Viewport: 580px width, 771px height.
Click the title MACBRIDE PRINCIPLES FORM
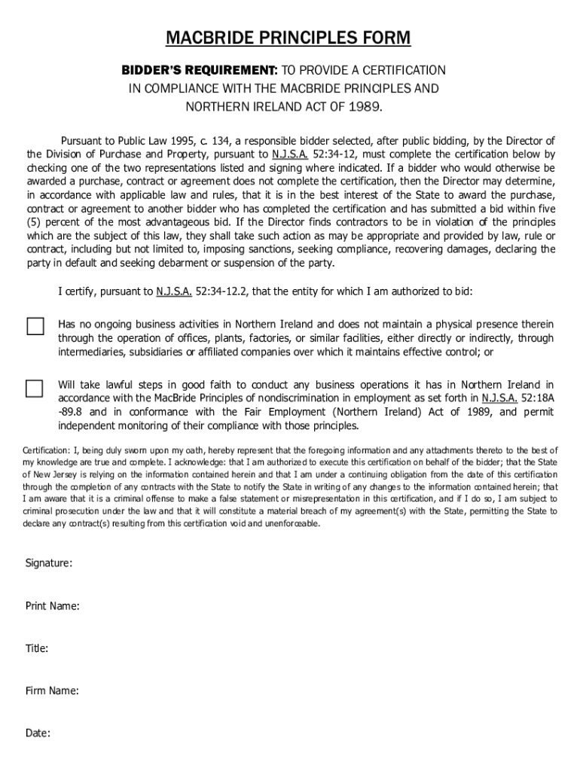pyautogui.click(x=288, y=38)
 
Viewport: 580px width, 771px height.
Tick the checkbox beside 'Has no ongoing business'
pyautogui.click(x=35, y=326)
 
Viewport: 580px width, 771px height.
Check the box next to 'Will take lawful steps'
pyautogui.click(x=35, y=388)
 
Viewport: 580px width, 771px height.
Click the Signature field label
pyautogui.click(x=49, y=563)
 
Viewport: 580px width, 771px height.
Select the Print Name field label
pyautogui.click(x=53, y=606)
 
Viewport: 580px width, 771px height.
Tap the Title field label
pyautogui.click(x=37, y=648)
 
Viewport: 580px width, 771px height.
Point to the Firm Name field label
pyautogui.click(x=52, y=690)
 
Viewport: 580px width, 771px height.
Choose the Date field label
pyautogui.click(x=38, y=733)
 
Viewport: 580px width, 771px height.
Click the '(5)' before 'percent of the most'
pyautogui.click(x=35, y=222)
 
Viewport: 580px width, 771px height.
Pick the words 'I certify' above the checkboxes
pyautogui.click(x=78, y=291)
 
